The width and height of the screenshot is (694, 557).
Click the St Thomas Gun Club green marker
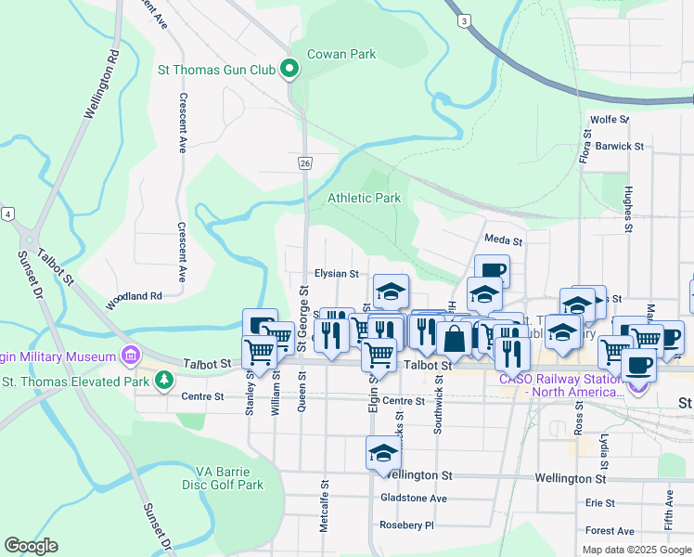point(289,69)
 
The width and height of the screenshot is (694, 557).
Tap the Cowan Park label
point(341,54)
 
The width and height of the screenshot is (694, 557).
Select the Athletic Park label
point(364,198)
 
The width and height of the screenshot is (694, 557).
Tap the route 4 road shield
point(7,214)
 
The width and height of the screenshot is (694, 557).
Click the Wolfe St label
point(610,120)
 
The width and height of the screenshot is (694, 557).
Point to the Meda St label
point(504,240)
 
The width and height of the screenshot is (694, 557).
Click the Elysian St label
point(336,274)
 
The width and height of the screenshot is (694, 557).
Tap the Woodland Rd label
point(135,295)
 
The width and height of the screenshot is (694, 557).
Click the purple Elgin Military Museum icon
point(129,356)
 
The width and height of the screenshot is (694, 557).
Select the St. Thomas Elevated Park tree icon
point(164,380)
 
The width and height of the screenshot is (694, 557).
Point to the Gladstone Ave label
point(414,499)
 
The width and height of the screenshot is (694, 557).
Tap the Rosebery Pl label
point(406,525)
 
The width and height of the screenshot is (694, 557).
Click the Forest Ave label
point(610,531)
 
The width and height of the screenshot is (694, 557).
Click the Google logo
point(31,546)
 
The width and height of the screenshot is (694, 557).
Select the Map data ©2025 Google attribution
point(636,550)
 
